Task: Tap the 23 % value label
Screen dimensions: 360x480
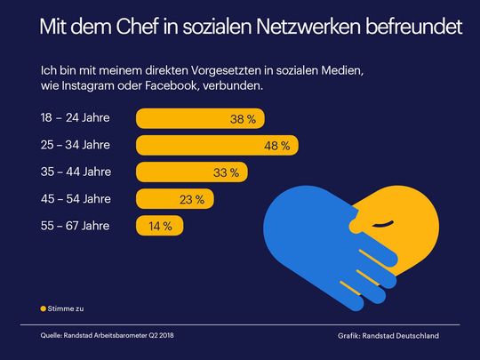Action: click(x=192, y=198)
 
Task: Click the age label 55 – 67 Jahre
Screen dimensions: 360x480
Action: click(x=76, y=226)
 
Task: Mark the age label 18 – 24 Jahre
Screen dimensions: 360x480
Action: click(x=76, y=117)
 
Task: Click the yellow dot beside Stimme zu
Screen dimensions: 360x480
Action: click(x=44, y=308)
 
